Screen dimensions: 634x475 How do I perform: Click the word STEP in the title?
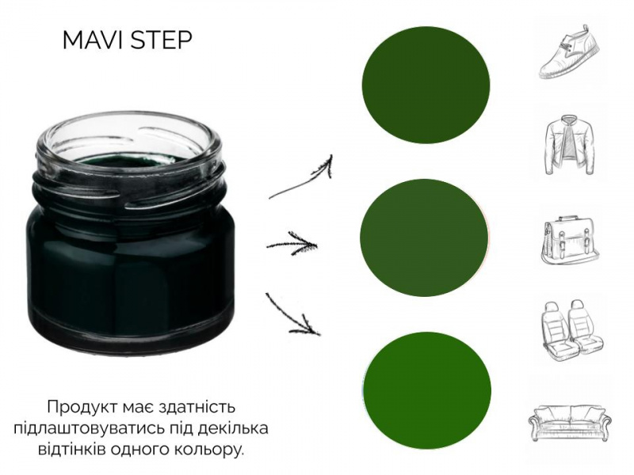[x=162, y=40]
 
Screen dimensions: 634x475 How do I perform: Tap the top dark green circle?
[x=426, y=85]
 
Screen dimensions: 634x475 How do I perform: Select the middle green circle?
[x=424, y=237]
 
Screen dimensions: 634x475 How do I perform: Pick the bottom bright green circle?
[x=427, y=390]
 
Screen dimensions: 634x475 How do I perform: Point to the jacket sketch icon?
[x=569, y=145]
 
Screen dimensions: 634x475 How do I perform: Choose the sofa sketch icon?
[x=570, y=422]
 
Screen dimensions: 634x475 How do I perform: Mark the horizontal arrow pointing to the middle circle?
[x=292, y=244]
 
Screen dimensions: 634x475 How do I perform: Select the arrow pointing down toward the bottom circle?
[x=292, y=314]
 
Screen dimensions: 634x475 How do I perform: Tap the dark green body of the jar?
[x=129, y=267]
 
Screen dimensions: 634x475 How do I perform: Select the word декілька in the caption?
[x=233, y=428]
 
